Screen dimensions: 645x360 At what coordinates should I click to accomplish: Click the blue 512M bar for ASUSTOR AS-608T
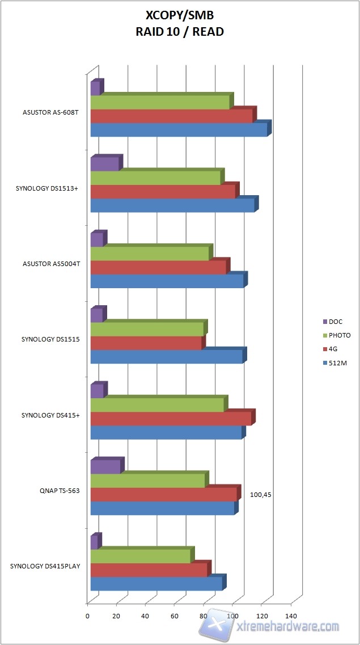(x=179, y=130)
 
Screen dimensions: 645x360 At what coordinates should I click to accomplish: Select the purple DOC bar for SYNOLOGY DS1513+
(x=105, y=164)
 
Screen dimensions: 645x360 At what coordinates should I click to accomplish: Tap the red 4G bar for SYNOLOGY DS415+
(x=171, y=418)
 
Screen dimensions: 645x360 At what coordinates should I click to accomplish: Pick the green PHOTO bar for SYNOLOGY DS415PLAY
(x=141, y=557)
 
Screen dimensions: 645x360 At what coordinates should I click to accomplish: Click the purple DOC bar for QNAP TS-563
(x=105, y=467)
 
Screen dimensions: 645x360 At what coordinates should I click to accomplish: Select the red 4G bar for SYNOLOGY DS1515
(x=146, y=343)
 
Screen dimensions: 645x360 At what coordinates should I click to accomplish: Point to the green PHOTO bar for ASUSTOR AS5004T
(x=150, y=254)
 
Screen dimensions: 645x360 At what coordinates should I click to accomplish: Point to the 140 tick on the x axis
(x=291, y=616)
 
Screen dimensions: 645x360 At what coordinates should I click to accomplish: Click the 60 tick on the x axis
(x=175, y=616)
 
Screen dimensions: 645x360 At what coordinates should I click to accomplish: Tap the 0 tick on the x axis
(x=87, y=616)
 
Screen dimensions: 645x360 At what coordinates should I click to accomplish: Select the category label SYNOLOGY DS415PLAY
(x=45, y=566)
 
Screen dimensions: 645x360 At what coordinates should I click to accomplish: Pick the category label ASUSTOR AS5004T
(x=50, y=263)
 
